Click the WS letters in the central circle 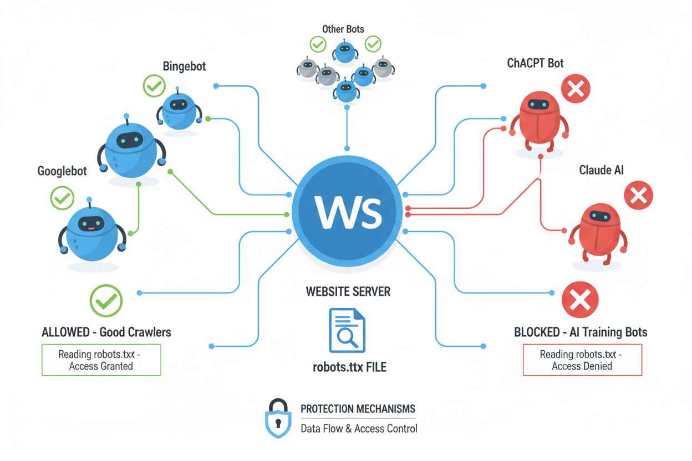tap(348, 212)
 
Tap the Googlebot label tap(62, 171)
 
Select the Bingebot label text tap(184, 66)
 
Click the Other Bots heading tap(343, 29)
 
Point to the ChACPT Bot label tap(535, 63)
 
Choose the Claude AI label tap(601, 170)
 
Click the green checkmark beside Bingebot tap(154, 86)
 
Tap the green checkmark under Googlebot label tap(62, 198)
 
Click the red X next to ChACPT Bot tap(576, 89)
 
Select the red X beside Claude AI tap(638, 196)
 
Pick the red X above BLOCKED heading tap(580, 300)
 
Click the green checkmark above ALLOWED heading tap(106, 301)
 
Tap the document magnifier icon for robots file tap(347, 330)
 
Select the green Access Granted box tap(101, 360)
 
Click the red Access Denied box tap(582, 360)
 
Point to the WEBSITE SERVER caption tap(348, 291)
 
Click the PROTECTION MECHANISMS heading tap(358, 409)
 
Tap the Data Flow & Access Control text tap(359, 428)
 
